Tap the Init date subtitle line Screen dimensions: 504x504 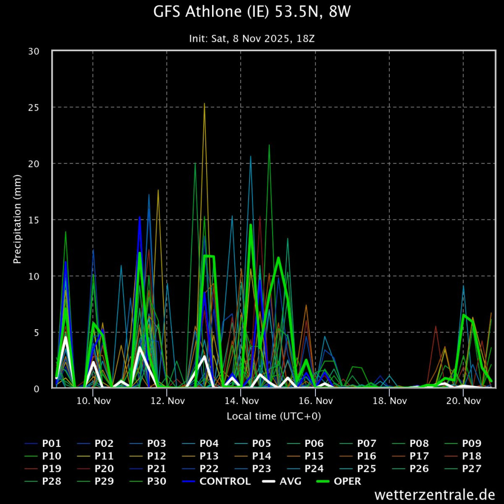pyautogui.click(x=252, y=38)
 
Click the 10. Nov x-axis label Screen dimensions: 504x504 pyautogui.click(x=94, y=401)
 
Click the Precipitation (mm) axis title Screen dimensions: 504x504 pyautogui.click(x=18, y=219)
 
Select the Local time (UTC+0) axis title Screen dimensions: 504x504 pyautogui.click(x=273, y=416)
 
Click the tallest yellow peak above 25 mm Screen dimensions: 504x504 pyautogui.click(x=204, y=104)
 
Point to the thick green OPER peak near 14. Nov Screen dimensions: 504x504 pyautogui.click(x=251, y=225)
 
